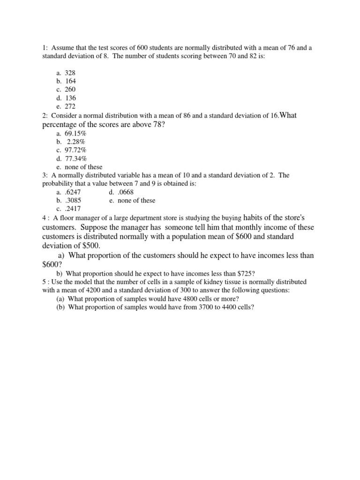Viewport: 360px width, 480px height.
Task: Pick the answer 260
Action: tap(70, 90)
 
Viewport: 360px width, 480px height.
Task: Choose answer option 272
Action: tap(70, 106)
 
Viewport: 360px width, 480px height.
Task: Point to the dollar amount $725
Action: tap(244, 273)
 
